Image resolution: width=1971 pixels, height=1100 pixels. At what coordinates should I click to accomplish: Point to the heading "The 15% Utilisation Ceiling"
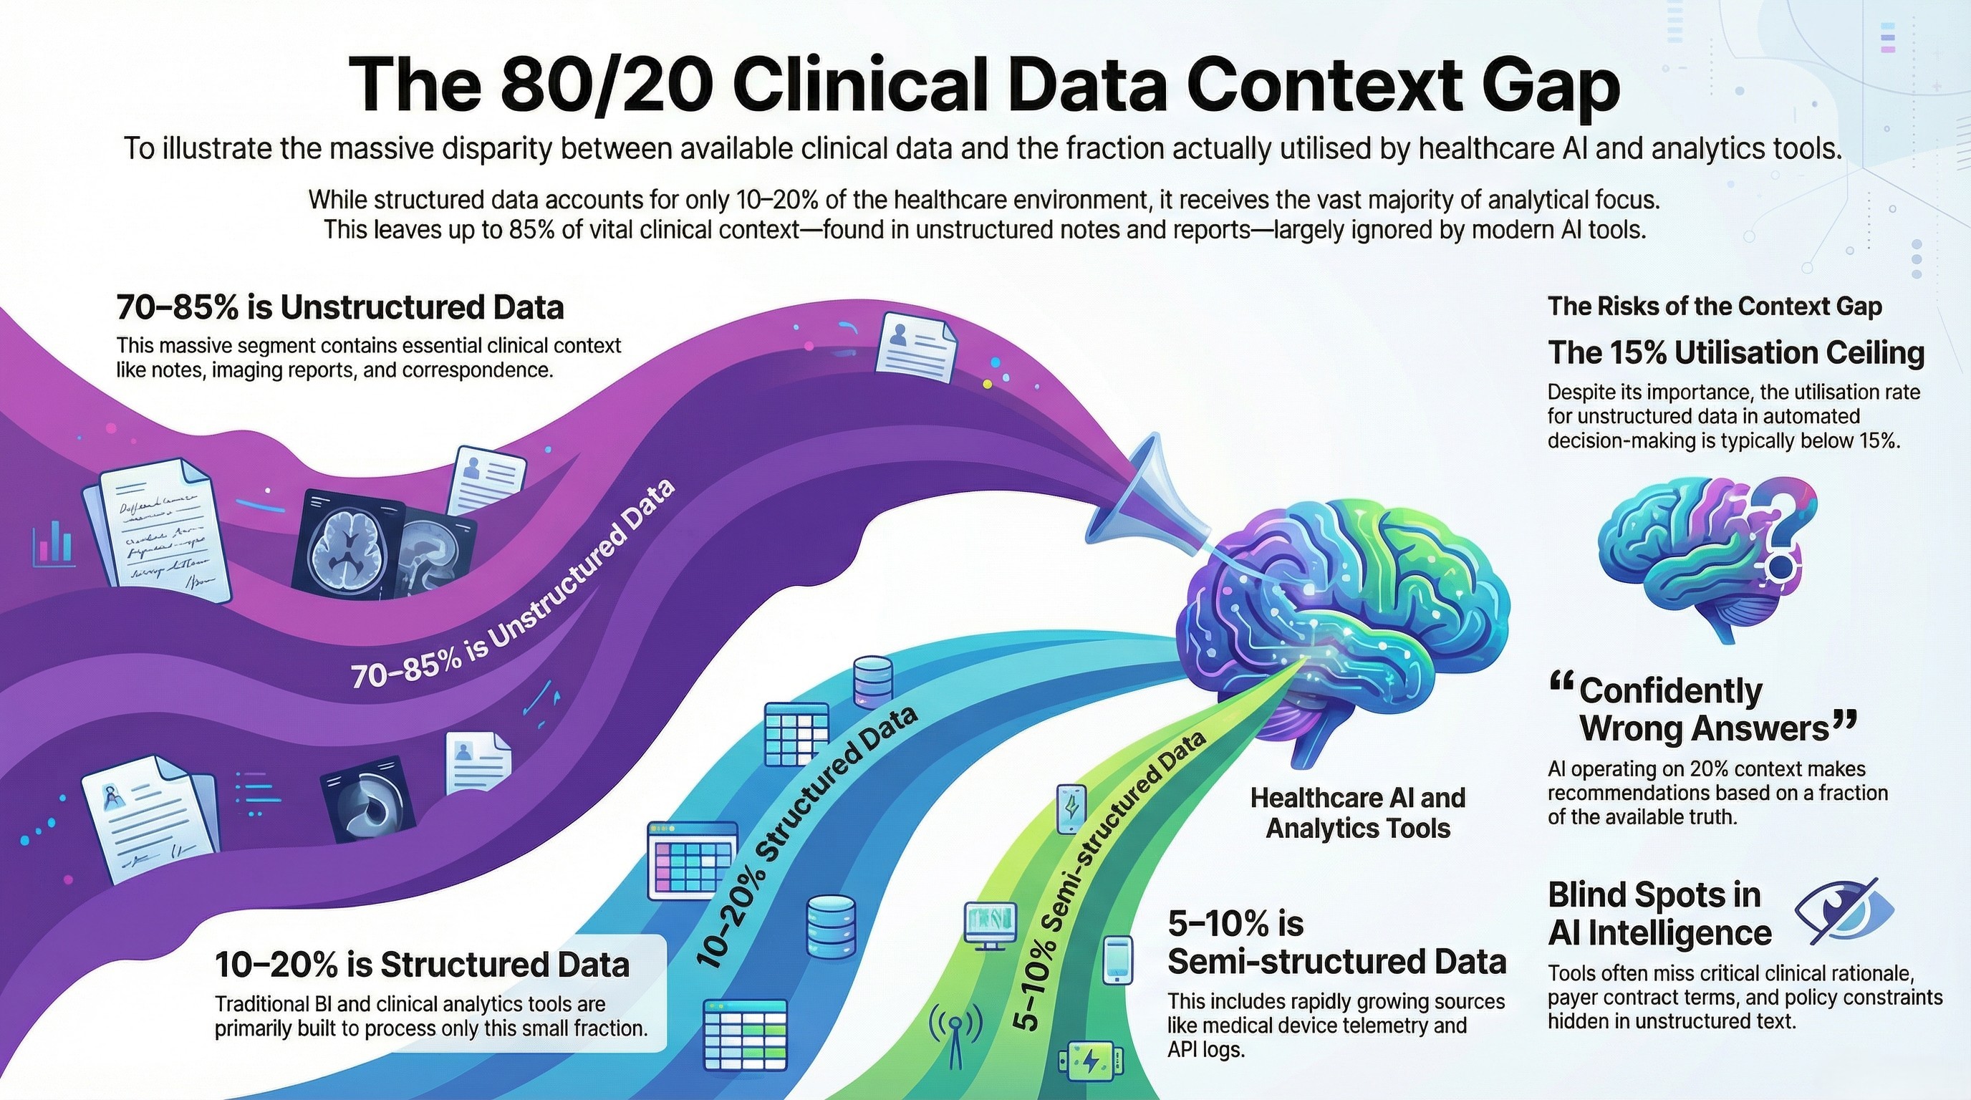point(1736,353)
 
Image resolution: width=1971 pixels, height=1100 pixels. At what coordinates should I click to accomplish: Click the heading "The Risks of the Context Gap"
point(1714,307)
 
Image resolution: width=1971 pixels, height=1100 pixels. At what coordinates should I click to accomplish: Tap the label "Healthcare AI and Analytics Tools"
point(1358,812)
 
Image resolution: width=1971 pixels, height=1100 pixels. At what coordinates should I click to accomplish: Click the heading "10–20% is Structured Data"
point(422,965)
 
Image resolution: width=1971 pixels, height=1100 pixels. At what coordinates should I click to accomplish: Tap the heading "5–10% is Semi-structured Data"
point(1336,942)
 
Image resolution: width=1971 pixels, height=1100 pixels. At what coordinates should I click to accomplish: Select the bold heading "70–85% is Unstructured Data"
point(340,307)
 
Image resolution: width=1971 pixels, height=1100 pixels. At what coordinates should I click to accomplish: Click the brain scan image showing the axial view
point(348,540)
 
